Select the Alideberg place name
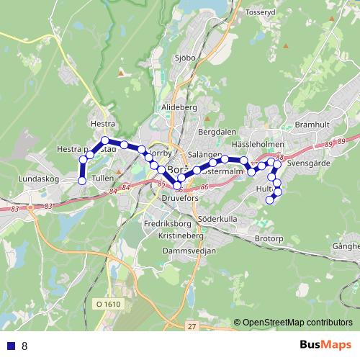pyautogui.click(x=179, y=107)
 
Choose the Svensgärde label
pyautogui.click(x=307, y=163)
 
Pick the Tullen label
pyautogui.click(x=104, y=177)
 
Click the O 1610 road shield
pyautogui.click(x=108, y=305)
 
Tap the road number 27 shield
pyautogui.click(x=192, y=326)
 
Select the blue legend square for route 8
pyautogui.click(x=10, y=346)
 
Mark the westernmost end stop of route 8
pyautogui.click(x=82, y=180)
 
